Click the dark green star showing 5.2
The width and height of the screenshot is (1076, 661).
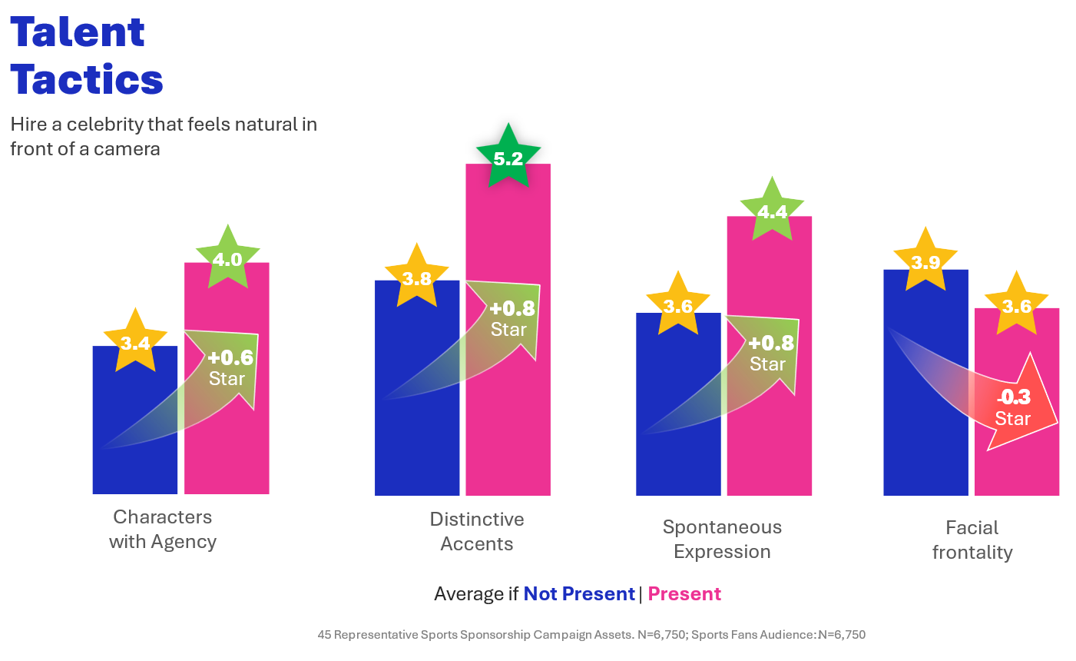(x=508, y=158)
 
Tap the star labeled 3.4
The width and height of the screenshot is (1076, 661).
(x=135, y=343)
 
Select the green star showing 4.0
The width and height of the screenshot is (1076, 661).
(x=227, y=259)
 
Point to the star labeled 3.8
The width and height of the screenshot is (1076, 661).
(x=417, y=278)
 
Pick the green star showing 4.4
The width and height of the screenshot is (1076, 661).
(x=772, y=211)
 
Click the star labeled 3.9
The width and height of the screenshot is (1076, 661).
(x=925, y=262)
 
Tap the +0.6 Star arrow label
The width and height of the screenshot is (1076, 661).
(x=229, y=367)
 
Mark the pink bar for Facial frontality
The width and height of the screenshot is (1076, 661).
(x=1017, y=469)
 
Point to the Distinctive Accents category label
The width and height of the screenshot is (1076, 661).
(x=476, y=531)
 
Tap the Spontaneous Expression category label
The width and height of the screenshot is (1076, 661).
(x=722, y=539)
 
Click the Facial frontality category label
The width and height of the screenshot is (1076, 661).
(x=972, y=540)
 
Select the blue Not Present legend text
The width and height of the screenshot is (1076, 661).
(x=578, y=594)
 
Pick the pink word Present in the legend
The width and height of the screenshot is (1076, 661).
(x=684, y=594)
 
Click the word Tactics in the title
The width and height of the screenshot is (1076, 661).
(x=87, y=80)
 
